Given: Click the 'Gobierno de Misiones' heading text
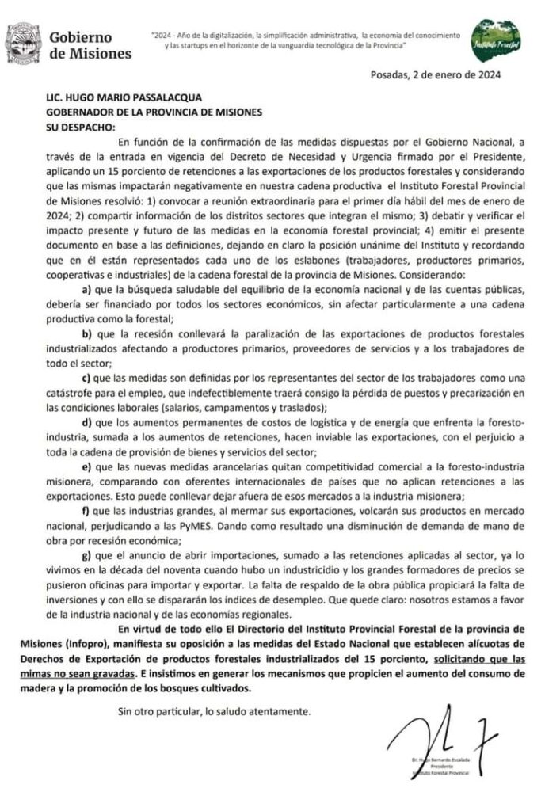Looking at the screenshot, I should tap(90, 46).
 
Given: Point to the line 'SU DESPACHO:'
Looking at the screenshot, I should tap(80, 125).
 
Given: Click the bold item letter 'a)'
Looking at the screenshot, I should tap(89, 290).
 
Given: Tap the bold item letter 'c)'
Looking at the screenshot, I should tap(89, 379).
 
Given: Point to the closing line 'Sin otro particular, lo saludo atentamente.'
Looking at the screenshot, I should tap(214, 710).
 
